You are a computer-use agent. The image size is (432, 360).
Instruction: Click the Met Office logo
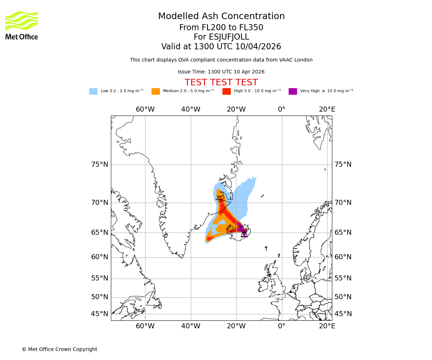click(22, 25)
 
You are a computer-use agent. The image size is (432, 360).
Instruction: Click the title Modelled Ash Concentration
click(221, 16)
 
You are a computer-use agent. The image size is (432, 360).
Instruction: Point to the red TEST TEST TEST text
click(221, 82)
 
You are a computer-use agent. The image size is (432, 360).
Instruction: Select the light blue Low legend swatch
click(93, 91)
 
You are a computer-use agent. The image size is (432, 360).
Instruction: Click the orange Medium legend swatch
click(156, 91)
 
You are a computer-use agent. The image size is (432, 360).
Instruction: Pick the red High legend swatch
click(226, 91)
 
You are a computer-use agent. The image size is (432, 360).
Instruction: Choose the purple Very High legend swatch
click(293, 91)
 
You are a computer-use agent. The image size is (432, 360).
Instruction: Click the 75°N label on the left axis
click(99, 165)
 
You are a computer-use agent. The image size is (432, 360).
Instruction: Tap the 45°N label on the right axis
click(343, 314)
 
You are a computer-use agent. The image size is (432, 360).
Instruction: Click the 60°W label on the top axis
click(145, 109)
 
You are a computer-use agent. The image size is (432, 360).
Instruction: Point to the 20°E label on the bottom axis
click(327, 326)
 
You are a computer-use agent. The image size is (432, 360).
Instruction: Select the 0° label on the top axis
click(282, 109)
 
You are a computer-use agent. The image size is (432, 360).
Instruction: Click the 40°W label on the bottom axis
click(190, 326)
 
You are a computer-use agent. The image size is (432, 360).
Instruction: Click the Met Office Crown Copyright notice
click(59, 349)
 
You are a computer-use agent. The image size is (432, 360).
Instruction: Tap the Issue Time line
click(221, 72)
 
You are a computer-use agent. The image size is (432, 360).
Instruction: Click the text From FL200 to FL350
click(221, 28)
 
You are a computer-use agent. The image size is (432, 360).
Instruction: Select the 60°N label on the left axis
click(99, 257)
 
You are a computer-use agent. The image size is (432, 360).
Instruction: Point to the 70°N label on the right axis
click(343, 202)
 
